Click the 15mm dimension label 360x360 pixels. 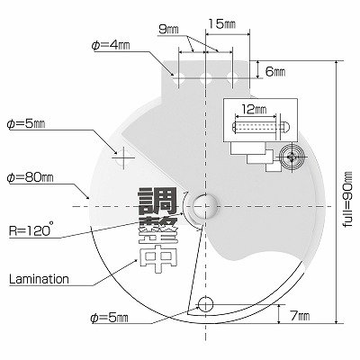[222, 23]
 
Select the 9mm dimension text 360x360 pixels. [168, 30]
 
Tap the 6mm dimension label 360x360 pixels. [275, 72]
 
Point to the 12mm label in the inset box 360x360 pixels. [255, 110]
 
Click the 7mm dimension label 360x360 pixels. [300, 316]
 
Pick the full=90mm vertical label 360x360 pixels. [348, 199]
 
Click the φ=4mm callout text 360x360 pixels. [111, 45]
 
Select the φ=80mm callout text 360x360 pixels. [30, 177]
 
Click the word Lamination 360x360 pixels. [39, 279]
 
